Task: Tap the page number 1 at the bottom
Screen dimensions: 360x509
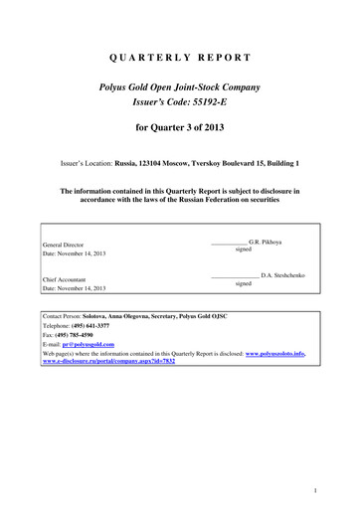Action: [340, 490]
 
